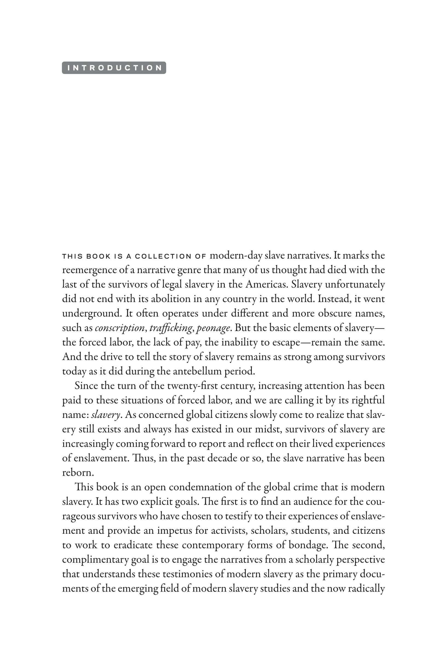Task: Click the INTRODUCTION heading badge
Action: pyautogui.click(x=114, y=68)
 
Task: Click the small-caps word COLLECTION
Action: pyautogui.click(x=163, y=256)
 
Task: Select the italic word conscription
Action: pyautogui.click(x=119, y=328)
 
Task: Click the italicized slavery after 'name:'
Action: pyautogui.click(x=105, y=415)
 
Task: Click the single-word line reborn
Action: pyautogui.click(x=78, y=472)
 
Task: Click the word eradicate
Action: pyautogui.click(x=133, y=545)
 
